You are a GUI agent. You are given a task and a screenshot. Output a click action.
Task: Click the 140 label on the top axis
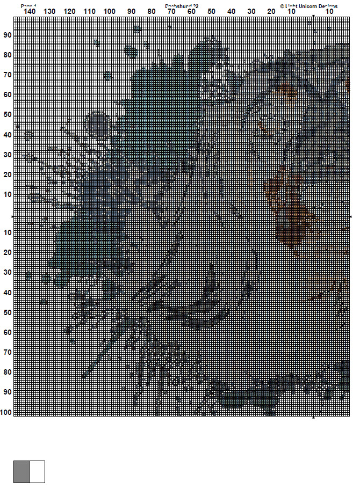pos(30,11)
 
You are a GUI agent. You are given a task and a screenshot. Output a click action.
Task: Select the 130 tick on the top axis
pos(49,11)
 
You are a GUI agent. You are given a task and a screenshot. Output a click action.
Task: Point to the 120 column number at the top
pos(69,11)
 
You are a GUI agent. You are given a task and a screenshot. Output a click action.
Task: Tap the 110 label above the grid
pos(90,11)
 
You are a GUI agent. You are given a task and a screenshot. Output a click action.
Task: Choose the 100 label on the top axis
pos(110,11)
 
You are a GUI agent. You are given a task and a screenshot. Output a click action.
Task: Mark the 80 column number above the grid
pos(152,11)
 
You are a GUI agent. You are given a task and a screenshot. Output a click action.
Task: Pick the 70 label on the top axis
pos(171,11)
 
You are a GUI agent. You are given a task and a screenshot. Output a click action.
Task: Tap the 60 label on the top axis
pos(191,11)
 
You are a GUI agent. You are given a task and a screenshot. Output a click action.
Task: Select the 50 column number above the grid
pos(211,11)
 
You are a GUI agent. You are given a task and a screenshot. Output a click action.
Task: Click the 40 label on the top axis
pos(231,11)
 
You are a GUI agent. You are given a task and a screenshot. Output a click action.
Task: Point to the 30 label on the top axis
pos(251,11)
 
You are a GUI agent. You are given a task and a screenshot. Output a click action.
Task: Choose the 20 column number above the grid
pos(271,11)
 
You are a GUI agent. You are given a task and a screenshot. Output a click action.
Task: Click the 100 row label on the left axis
pos(6,412)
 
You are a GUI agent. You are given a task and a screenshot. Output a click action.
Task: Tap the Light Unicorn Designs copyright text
pos(308,6)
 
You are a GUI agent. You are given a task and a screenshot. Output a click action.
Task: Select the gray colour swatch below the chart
pos(21,471)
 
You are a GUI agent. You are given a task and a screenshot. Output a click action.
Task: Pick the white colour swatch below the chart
pos(37,471)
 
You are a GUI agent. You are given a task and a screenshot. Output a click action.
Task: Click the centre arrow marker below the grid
pos(314,417)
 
